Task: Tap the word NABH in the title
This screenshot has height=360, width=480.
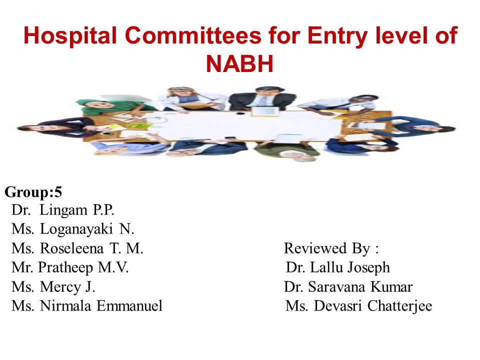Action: coord(240,63)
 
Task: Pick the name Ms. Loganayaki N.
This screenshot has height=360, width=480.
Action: coord(73,229)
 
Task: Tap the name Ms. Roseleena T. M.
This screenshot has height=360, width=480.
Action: coord(77,248)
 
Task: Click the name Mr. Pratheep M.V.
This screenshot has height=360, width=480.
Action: coord(70,267)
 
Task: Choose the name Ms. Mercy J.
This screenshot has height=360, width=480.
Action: coord(53,287)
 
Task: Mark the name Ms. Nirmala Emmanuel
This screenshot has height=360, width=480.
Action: coord(87,306)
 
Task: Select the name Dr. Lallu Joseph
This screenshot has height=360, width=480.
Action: coord(338,267)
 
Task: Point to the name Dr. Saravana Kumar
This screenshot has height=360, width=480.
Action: coord(348,287)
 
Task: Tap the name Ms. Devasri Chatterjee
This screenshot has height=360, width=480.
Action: coord(358,306)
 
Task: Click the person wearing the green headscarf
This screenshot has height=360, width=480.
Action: coord(100,107)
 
